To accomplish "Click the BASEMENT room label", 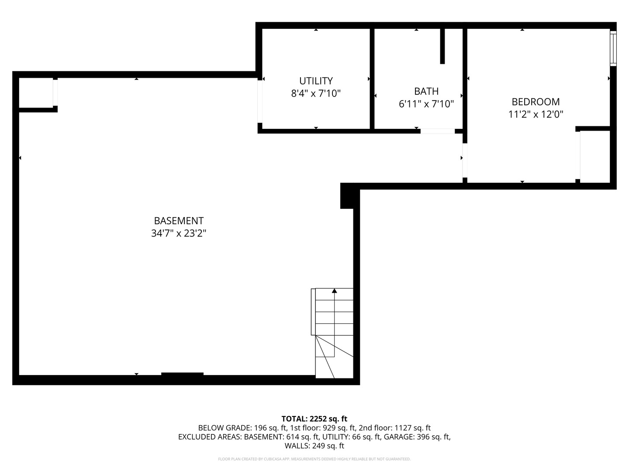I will point(179,221).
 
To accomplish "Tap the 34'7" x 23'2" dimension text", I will point(179,233).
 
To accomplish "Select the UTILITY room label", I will point(316,81).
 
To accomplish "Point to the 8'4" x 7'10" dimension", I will point(316,93).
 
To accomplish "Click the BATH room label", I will point(426,91).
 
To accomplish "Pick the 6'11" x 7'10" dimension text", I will point(426,104).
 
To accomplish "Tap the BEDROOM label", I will point(536,102).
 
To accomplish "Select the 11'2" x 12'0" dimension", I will point(536,115).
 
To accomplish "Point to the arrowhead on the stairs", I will point(335,291).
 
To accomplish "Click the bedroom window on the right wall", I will point(613,48).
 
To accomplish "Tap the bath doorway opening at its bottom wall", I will point(437,131).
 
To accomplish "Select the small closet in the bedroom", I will point(595,156).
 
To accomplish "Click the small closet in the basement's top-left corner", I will point(36,92).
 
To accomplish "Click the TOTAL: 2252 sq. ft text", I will point(314,419).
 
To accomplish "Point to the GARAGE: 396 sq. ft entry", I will point(417,437).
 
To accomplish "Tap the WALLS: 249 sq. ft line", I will point(314,446).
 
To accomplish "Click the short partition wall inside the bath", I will point(442,46).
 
